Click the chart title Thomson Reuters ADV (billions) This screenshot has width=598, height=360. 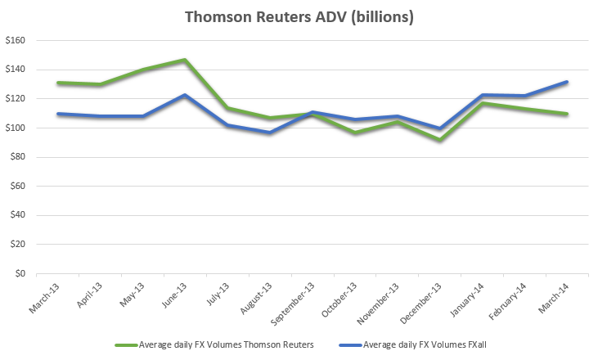point(299,16)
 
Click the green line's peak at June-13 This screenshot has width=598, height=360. point(185,60)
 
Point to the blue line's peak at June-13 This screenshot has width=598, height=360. point(185,95)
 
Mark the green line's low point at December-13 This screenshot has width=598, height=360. point(440,140)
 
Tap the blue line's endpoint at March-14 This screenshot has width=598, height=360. point(567,82)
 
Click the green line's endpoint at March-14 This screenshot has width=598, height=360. point(567,114)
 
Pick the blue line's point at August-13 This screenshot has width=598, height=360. point(269,133)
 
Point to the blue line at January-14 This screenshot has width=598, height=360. point(483,95)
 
